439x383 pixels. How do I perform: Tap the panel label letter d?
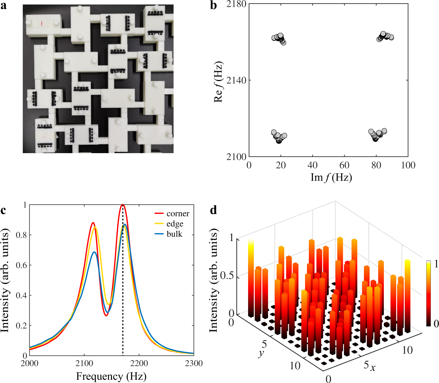tap(213, 210)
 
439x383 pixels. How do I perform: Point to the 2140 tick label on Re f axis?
tap(236, 80)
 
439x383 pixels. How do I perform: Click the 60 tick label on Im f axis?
tap(344, 165)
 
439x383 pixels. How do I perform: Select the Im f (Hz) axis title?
tap(331, 177)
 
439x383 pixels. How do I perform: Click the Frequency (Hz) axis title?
tap(111, 376)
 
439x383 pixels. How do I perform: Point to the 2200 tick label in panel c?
tap(139, 363)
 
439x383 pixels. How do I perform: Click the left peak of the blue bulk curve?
tap(94, 252)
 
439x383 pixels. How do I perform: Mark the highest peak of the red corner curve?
tap(122, 205)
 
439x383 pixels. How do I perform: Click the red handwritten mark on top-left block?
tap(42, 24)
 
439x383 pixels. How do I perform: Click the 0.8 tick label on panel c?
tap(22, 235)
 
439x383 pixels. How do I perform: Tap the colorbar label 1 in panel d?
tap(436, 264)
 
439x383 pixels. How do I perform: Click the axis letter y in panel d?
tap(261, 353)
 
